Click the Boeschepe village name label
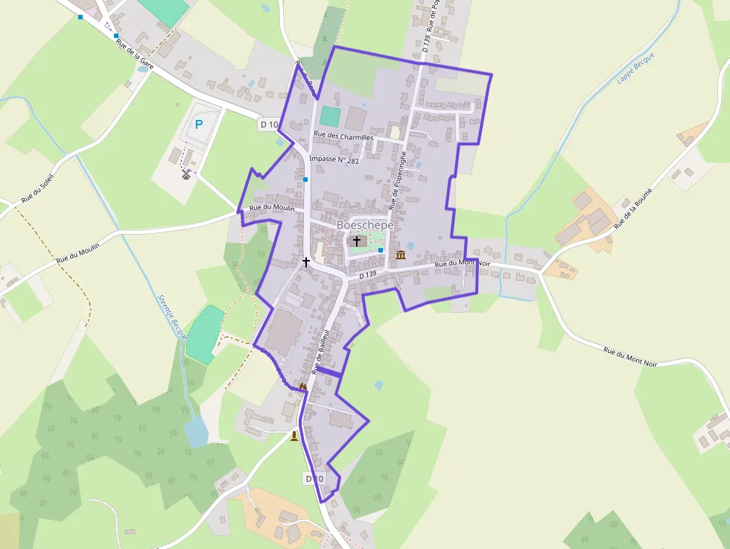click(365, 225)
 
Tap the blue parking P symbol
click(199, 125)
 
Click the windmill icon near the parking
click(186, 174)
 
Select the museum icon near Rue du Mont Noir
click(401, 256)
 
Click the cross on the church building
click(357, 241)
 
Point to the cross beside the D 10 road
click(305, 262)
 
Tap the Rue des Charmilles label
click(343, 136)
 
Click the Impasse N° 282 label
click(334, 159)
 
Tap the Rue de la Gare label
click(134, 54)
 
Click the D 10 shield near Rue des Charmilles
click(269, 124)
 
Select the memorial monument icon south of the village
click(294, 436)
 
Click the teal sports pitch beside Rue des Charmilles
click(330, 116)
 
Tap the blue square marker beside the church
click(381, 250)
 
